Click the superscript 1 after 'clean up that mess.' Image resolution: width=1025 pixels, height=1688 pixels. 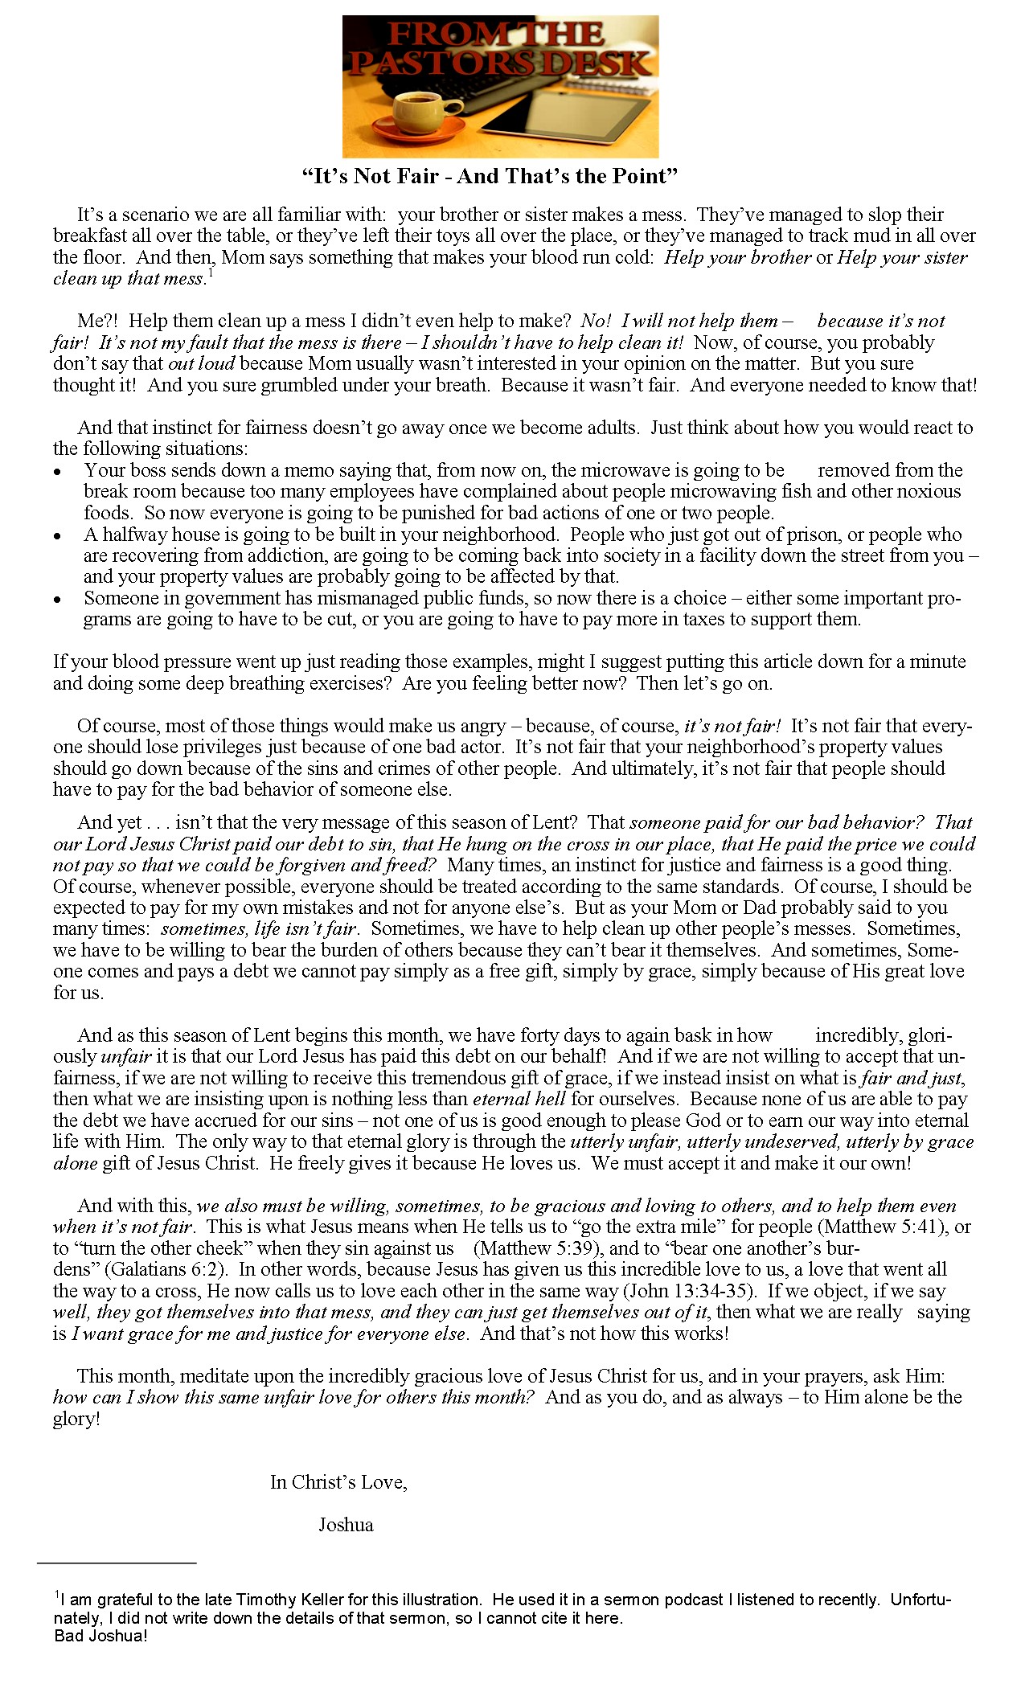[x=210, y=273]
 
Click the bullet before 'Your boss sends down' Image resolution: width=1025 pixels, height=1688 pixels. [x=58, y=472]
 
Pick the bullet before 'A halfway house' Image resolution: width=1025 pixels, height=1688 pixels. [x=58, y=536]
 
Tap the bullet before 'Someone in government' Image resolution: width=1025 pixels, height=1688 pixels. [x=58, y=600]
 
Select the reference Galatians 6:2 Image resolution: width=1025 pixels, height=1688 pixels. [x=167, y=1269]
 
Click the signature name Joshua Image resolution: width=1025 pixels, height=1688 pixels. [x=346, y=1525]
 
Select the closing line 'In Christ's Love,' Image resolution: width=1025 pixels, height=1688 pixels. [x=338, y=1482]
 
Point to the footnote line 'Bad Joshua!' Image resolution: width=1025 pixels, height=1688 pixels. [x=101, y=1636]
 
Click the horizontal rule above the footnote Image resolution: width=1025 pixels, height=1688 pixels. [x=117, y=1563]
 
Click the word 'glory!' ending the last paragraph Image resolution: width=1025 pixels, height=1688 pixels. [x=76, y=1419]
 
